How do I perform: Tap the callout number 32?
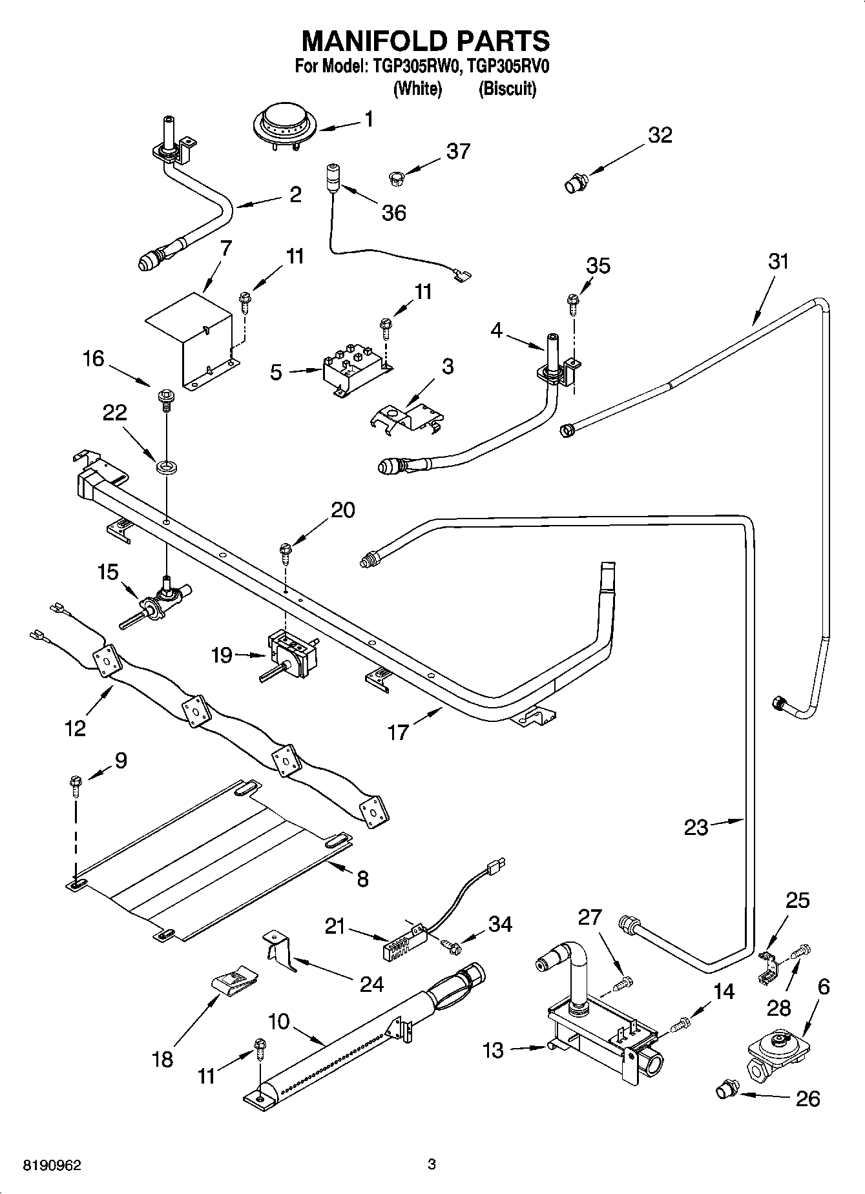[660, 135]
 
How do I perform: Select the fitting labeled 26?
[726, 1091]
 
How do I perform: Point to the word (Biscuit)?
[507, 88]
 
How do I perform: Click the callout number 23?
[696, 827]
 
